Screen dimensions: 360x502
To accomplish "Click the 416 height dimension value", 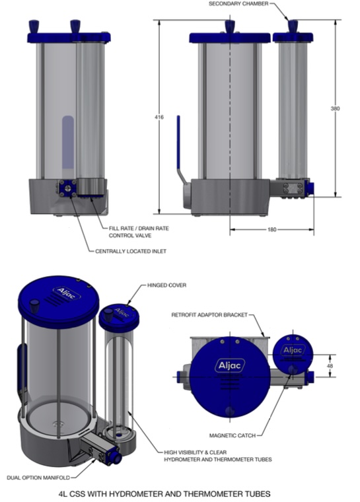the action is (x=159, y=117).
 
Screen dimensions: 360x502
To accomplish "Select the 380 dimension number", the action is (x=335, y=108).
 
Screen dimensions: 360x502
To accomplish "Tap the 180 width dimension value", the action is (x=271, y=229).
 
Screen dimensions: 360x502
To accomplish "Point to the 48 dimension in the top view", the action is (x=330, y=365).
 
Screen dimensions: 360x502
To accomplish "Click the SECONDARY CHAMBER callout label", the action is (x=238, y=4).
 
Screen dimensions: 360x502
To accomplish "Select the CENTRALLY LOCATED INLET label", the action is (x=131, y=251).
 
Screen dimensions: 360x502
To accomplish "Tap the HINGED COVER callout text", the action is (x=166, y=285).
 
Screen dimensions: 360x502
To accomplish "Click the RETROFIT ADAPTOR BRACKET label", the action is (x=209, y=314).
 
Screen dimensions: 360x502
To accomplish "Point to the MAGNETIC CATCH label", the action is (x=233, y=435).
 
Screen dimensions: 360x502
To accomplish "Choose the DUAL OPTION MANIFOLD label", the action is (x=38, y=478).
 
